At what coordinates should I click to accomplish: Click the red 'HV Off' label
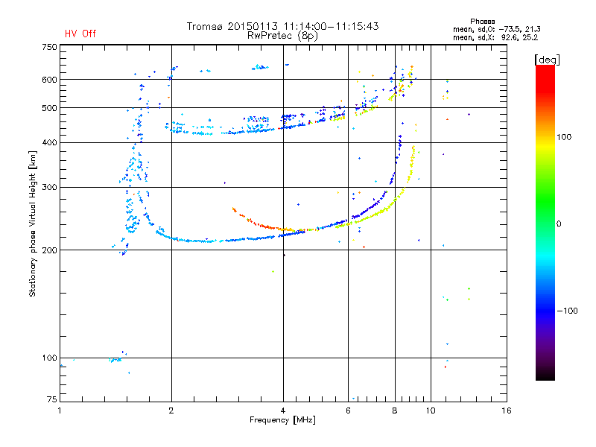[x=80, y=34]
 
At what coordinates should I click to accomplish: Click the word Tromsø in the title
[x=205, y=26]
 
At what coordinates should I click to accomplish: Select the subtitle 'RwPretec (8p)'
[x=282, y=36]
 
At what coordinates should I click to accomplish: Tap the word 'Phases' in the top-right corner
[x=482, y=22]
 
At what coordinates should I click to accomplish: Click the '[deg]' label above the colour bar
[x=547, y=60]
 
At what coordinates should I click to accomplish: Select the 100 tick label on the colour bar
[x=564, y=137]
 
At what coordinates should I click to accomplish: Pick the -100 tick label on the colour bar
[x=567, y=311]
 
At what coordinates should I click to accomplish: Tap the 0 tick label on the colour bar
[x=559, y=224]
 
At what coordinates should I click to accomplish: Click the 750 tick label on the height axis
[x=49, y=47]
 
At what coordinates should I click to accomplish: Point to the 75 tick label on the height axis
[x=52, y=399]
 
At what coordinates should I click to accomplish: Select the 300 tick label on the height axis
[x=49, y=187]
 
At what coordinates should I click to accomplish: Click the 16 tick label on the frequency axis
[x=507, y=410]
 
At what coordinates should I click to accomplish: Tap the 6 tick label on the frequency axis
[x=348, y=410]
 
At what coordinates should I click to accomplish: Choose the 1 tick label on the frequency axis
[x=60, y=410]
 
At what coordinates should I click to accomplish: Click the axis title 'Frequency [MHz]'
[x=282, y=420]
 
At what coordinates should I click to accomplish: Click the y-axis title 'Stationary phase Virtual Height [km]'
[x=33, y=223]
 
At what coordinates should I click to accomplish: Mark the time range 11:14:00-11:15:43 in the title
[x=331, y=26]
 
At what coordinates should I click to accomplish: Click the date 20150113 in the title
[x=253, y=26]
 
